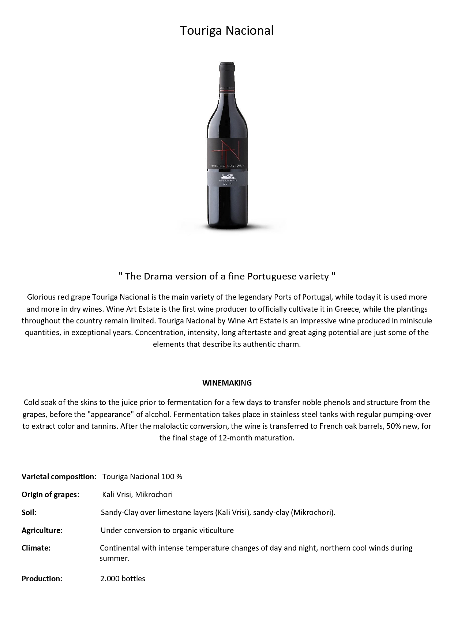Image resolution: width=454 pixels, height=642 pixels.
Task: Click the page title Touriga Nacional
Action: (x=226, y=31)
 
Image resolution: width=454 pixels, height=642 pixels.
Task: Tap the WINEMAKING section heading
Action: (x=227, y=383)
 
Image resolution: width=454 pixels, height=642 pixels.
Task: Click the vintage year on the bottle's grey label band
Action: (x=227, y=184)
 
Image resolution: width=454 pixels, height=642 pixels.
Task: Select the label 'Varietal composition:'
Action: (x=59, y=477)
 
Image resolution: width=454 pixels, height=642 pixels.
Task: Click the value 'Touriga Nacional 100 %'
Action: (x=142, y=477)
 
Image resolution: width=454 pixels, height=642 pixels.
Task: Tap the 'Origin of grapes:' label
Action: (x=50, y=495)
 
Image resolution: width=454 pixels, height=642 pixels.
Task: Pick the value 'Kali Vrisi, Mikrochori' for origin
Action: (x=137, y=495)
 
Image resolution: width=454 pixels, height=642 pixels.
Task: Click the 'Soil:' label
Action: (x=29, y=513)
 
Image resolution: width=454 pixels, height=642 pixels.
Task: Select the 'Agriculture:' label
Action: (x=42, y=530)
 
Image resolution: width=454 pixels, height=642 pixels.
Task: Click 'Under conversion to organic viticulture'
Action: (x=167, y=530)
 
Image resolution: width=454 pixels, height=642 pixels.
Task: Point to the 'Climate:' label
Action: (x=36, y=548)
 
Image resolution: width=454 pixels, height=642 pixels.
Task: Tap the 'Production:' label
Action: (x=42, y=579)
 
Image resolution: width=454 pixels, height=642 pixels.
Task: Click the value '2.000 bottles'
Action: (x=123, y=579)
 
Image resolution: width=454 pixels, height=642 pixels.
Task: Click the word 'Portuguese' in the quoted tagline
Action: (x=270, y=276)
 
